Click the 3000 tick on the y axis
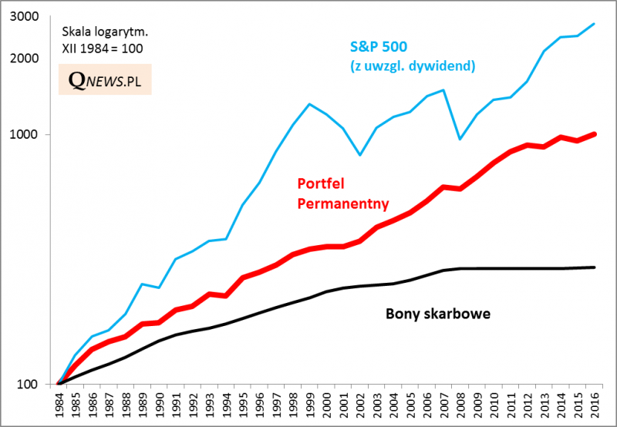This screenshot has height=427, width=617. coord(36,15)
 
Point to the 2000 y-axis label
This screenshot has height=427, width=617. coord(36,59)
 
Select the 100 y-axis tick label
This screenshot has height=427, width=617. coord(39,385)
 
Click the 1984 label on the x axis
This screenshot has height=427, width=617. coord(59,405)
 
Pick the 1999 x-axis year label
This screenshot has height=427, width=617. coord(309,405)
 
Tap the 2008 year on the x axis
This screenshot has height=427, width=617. coord(460,405)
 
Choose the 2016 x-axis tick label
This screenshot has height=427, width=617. coord(593,405)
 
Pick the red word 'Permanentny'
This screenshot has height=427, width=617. coord(342,203)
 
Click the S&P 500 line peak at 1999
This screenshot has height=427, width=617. coord(309,104)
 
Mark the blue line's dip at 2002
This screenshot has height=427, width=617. coord(359,155)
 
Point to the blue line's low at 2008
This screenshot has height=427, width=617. coord(460,140)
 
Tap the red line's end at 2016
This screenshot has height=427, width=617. coord(593,133)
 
